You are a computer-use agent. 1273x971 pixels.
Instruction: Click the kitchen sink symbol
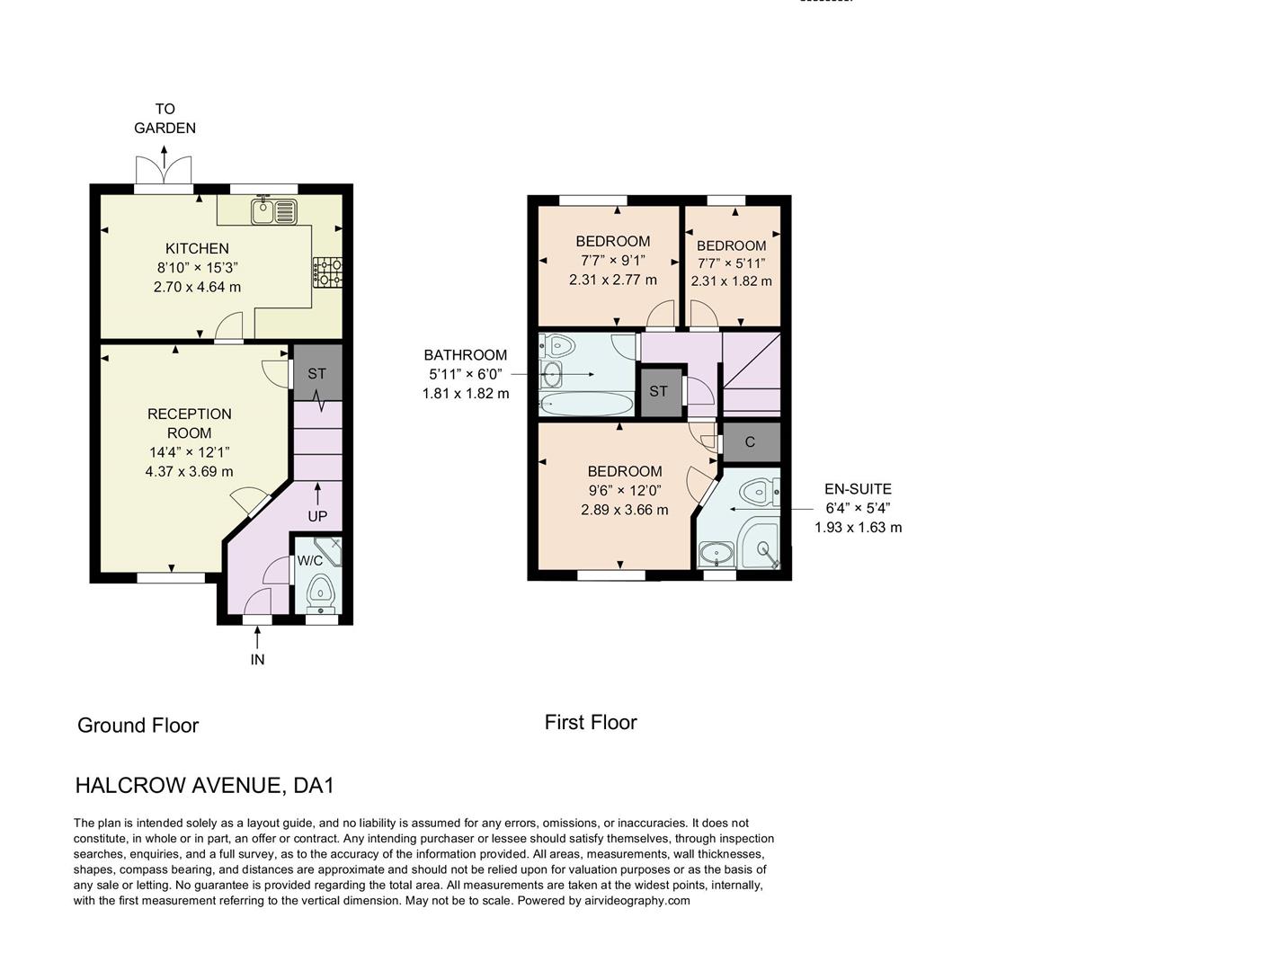(x=274, y=211)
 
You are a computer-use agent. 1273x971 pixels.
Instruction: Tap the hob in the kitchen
(x=327, y=272)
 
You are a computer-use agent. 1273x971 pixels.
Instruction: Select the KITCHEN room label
(x=197, y=248)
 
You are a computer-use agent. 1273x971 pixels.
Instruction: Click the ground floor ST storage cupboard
(x=317, y=373)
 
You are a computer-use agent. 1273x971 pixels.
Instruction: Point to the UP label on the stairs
(x=317, y=516)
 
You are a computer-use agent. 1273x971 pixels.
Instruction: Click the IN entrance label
(x=257, y=659)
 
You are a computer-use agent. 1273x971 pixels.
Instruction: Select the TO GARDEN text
(x=165, y=119)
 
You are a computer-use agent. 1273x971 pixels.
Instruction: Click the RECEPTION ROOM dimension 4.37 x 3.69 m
(x=189, y=471)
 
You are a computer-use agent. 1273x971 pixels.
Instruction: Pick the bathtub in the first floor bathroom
(x=586, y=405)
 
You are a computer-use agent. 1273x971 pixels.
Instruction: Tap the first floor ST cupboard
(x=659, y=391)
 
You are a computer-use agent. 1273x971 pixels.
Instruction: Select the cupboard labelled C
(x=750, y=441)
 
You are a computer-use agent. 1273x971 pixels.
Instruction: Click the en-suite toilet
(x=758, y=491)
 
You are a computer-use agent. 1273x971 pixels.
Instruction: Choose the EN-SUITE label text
(x=858, y=489)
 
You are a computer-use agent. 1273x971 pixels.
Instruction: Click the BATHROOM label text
(x=466, y=355)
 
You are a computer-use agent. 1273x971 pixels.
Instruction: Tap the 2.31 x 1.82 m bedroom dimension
(x=731, y=281)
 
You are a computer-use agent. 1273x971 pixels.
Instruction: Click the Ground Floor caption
(x=138, y=726)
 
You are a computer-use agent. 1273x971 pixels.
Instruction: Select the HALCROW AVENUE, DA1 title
(x=205, y=785)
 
